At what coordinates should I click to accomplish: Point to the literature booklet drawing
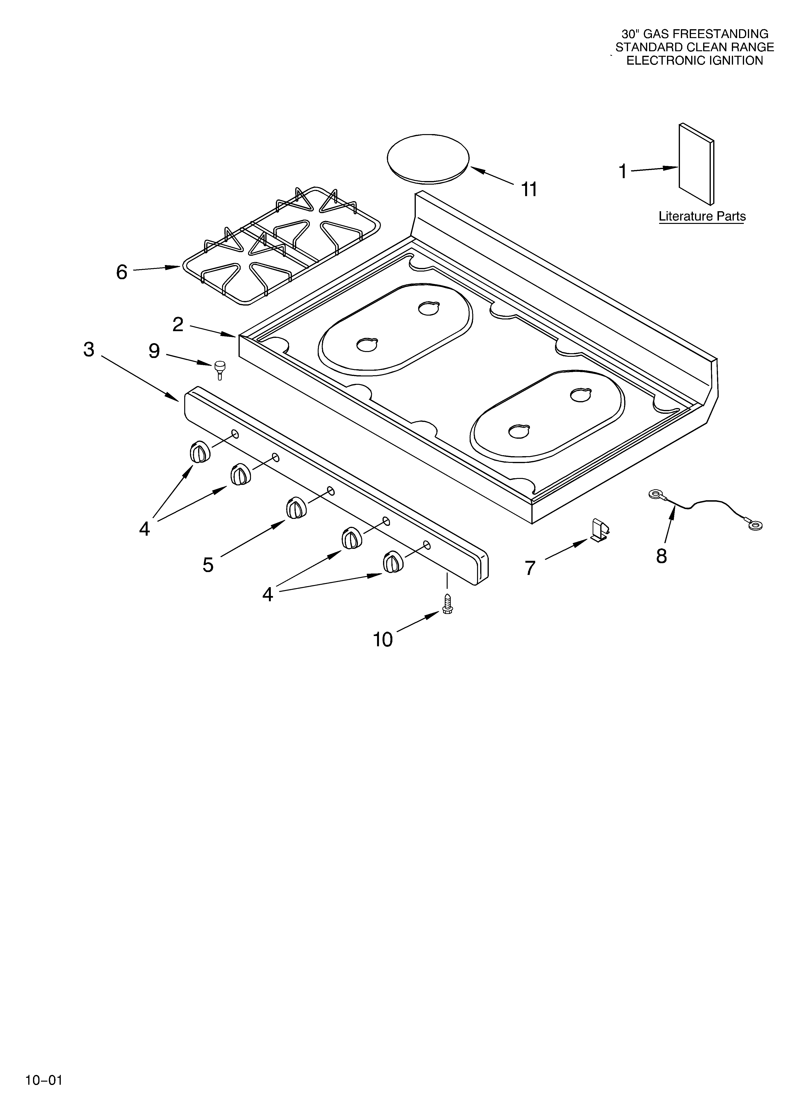coord(697,164)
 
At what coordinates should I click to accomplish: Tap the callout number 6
coord(122,272)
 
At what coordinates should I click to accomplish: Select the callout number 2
coord(178,324)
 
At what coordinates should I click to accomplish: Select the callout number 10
coord(383,639)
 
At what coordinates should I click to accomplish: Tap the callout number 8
coord(662,556)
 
